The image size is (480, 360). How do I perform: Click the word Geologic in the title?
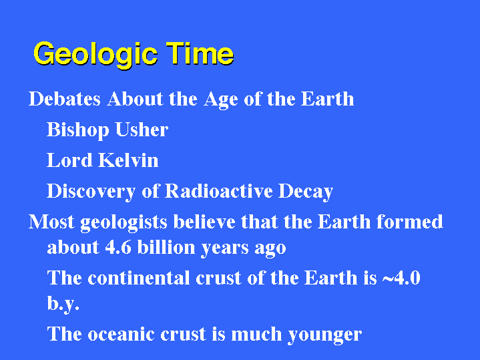tap(95, 54)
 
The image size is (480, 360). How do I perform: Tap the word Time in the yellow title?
tap(200, 53)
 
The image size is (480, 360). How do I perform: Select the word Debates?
tap(65, 99)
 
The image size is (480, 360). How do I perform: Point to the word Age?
tap(221, 100)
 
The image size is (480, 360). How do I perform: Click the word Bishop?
tap(77, 130)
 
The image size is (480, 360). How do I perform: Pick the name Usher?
tap(142, 130)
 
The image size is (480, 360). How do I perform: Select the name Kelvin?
tap(128, 160)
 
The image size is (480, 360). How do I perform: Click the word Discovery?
tap(91, 192)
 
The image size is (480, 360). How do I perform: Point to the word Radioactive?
tap(218, 191)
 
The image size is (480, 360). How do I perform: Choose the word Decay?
tap(306, 192)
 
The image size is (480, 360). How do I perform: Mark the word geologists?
tap(124, 222)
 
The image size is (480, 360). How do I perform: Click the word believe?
tap(204, 222)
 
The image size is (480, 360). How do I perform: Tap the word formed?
tap(410, 222)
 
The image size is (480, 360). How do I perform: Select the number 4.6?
tap(118, 247)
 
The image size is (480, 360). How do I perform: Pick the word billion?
tap(166, 247)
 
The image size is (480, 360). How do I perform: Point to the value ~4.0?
tap(401, 278)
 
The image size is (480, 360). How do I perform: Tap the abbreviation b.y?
tap(63, 305)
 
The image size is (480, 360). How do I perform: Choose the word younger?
tap(325, 335)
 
